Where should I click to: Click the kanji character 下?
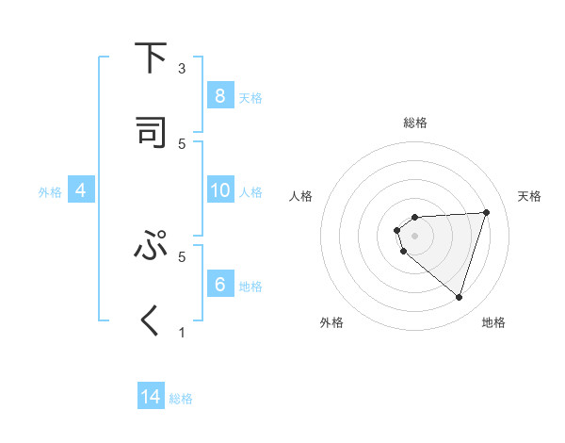[151, 58]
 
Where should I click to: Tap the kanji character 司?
[151, 132]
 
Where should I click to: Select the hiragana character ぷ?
[151, 246]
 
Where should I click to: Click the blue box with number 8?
[219, 95]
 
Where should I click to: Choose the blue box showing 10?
[219, 190]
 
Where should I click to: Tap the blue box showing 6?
[219, 284]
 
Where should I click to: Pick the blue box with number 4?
[81, 190]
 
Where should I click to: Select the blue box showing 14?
[151, 397]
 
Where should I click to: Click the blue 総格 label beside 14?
[181, 399]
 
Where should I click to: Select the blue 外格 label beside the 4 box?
[50, 191]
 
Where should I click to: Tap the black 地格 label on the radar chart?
[493, 322]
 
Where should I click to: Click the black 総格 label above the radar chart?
[414, 123]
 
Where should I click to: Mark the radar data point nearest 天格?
[486, 212]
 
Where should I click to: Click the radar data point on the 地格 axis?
[459, 298]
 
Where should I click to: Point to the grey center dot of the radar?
[414, 235]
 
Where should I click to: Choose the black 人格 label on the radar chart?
[301, 196]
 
